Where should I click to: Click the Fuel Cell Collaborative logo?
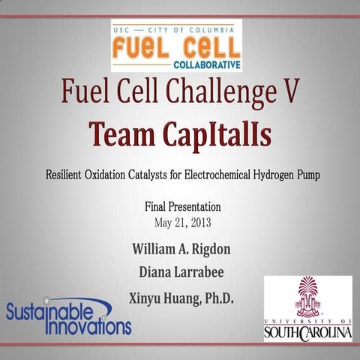[176, 46]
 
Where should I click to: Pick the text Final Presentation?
[182, 206]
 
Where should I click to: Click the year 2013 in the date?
[198, 222]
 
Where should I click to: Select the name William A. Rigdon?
[181, 248]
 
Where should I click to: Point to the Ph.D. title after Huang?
[217, 298]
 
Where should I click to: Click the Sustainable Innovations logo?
[67, 317]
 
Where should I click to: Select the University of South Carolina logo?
[307, 308]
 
